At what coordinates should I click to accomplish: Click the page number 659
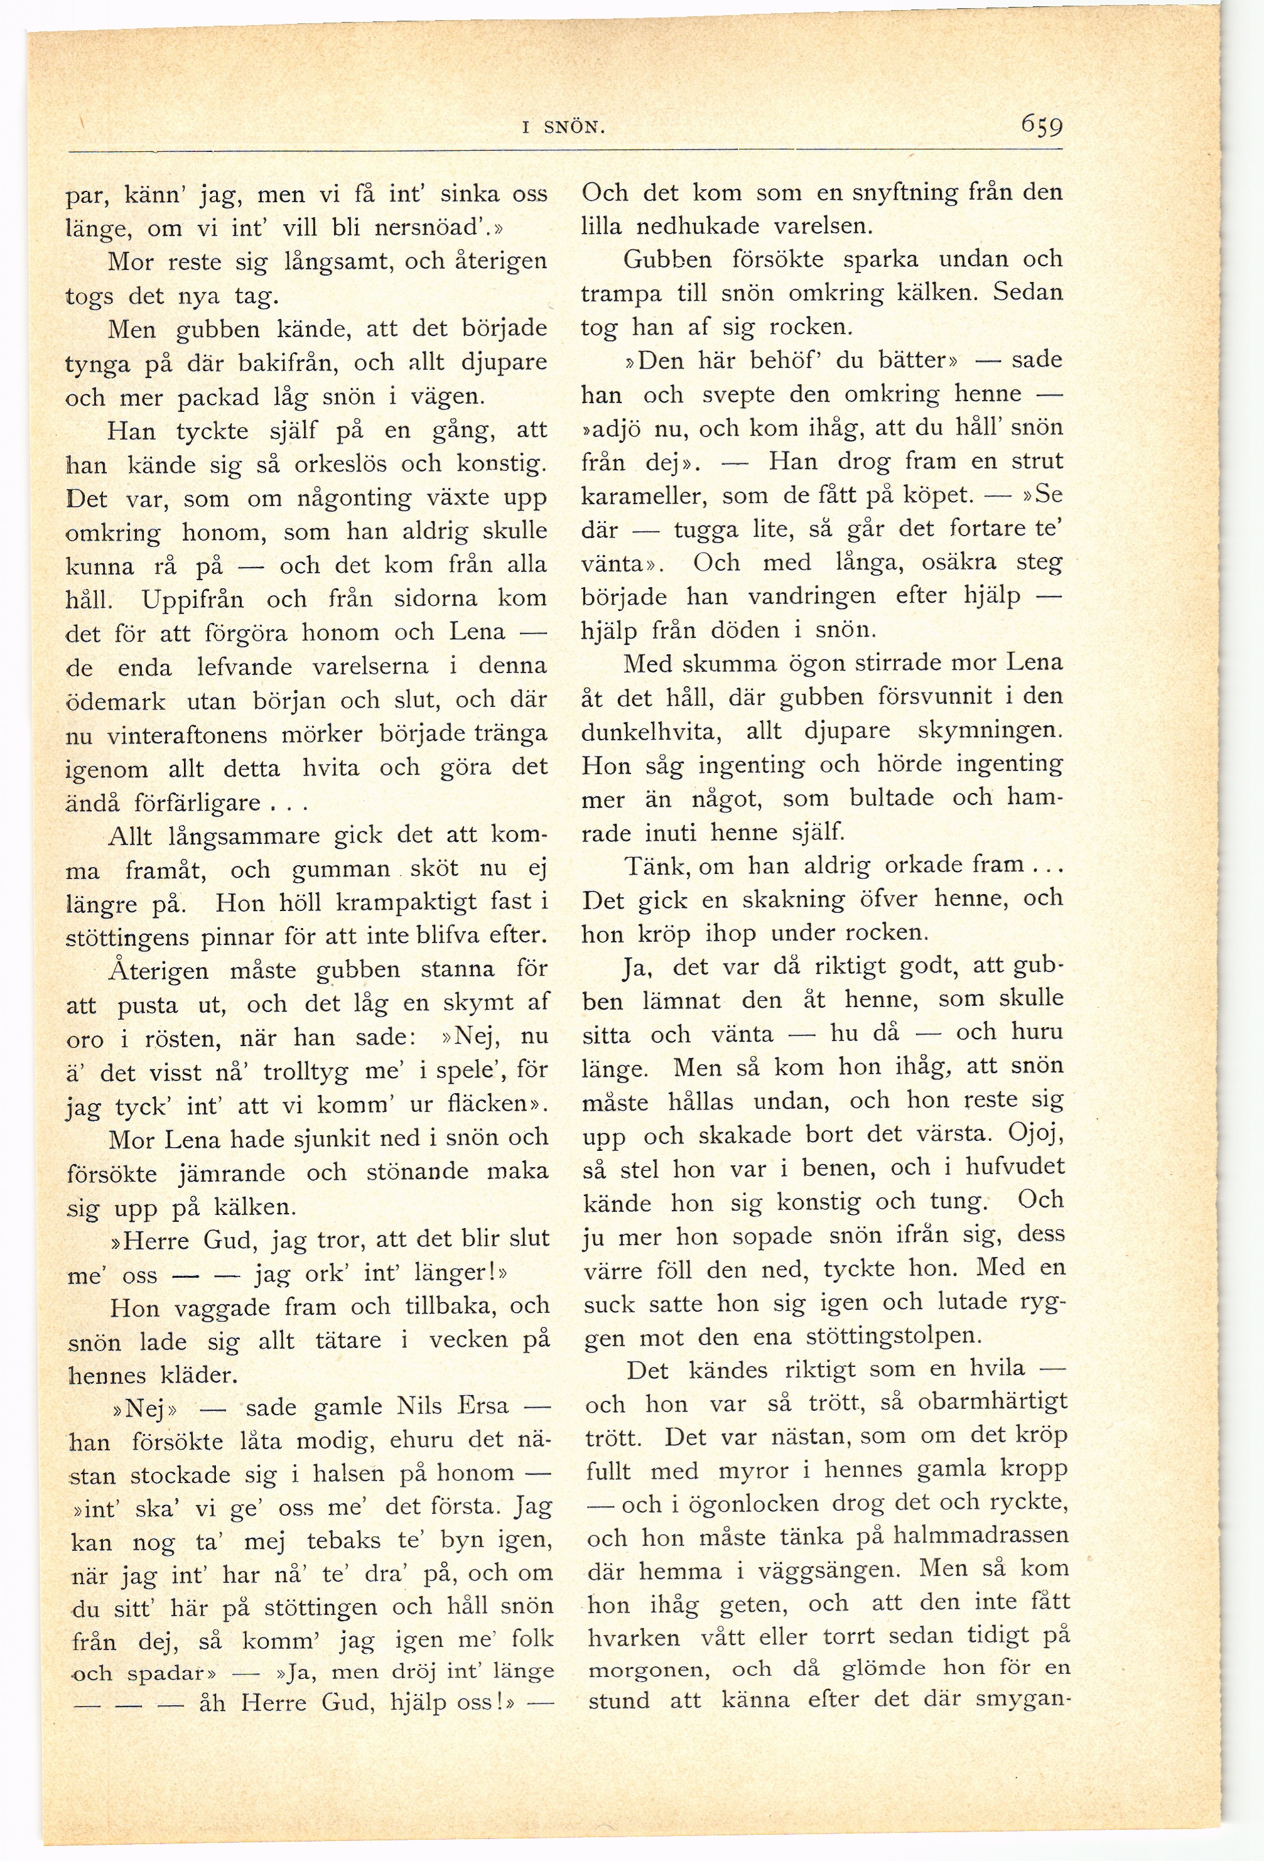(1040, 125)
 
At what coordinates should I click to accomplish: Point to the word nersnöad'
(433, 227)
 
